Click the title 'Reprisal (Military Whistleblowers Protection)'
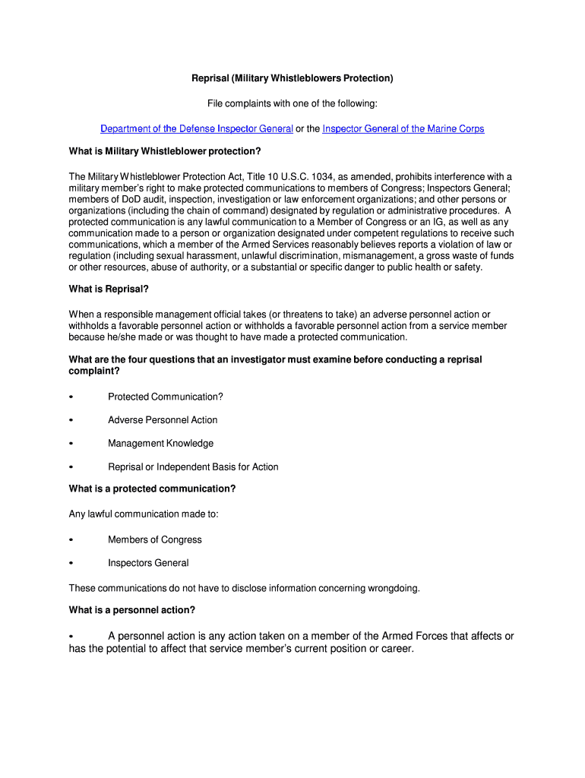coord(292,78)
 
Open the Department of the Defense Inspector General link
coord(197,128)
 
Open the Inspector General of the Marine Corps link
coord(403,128)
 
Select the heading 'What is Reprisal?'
coord(109,289)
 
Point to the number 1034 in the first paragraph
coord(321,176)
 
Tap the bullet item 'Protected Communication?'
coord(166,397)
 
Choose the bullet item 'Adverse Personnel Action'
coord(163,420)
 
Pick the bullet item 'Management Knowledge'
coord(160,444)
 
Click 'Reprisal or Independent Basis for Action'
coord(193,467)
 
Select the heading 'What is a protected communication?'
coord(152,489)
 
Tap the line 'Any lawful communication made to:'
coord(144,514)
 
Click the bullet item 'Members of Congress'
coord(155,539)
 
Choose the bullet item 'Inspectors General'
coord(148,563)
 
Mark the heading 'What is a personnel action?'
coord(132,609)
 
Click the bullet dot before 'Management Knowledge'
coord(71,444)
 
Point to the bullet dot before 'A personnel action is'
coord(71,637)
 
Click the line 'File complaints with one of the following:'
coord(292,103)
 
